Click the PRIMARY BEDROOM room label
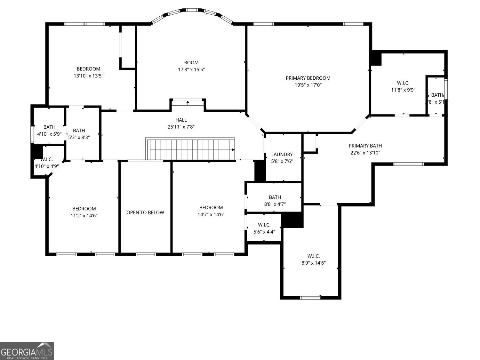pos(308,78)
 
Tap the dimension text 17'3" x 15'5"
pos(191,69)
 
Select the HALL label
pos(181,120)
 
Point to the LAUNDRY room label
pos(282,155)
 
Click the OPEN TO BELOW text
pos(145,212)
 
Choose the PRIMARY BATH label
pos(365,146)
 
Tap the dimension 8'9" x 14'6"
pos(314,263)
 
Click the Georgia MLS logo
pos(27,351)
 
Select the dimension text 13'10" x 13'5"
pos(88,76)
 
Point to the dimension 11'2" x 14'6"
pos(84,216)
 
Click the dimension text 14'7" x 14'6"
pos(211,214)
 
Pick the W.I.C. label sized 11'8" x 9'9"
pos(403,83)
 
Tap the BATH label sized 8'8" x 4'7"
pos(275,197)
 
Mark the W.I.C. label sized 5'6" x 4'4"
pos(264,225)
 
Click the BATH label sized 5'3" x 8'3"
pos(79,131)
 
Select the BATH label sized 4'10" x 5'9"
pos(49,127)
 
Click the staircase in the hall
pos(190,149)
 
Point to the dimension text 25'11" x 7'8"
pos(181,127)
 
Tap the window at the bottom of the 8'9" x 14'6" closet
pos(310,298)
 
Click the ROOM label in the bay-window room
pos(191,63)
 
